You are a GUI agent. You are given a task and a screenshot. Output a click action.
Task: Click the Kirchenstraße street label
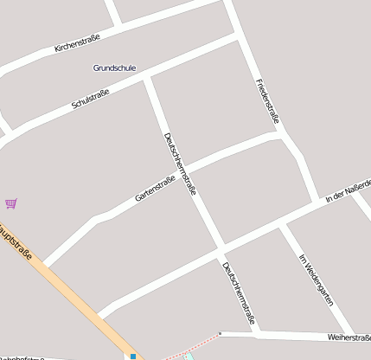[77, 42]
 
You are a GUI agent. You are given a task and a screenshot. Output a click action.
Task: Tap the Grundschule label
[114, 67]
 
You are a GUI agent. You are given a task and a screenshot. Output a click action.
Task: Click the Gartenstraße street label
[156, 189]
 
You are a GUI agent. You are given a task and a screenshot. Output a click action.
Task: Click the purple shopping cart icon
[11, 203]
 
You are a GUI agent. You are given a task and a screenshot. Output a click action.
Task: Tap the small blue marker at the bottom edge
[133, 356]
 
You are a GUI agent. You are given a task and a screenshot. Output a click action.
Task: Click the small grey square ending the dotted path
[221, 333]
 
